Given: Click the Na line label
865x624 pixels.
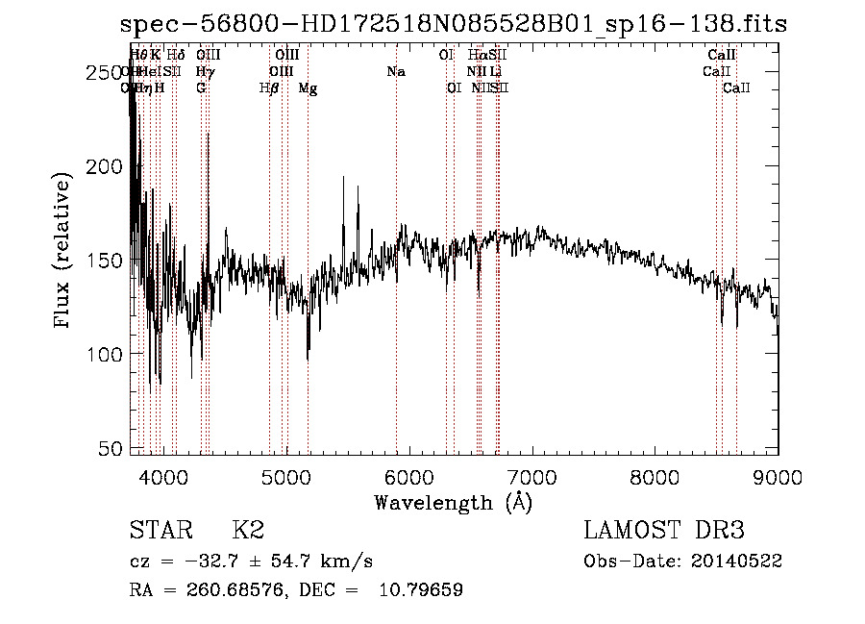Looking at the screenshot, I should (395, 71).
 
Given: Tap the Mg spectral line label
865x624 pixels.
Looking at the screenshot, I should (308, 88).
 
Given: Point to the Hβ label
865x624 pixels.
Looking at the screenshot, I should (269, 88).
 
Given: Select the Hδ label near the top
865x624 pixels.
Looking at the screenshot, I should (176, 55).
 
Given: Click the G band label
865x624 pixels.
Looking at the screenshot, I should (201, 87).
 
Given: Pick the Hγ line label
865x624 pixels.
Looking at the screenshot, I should (205, 71).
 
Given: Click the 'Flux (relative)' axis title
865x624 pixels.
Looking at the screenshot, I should (63, 252).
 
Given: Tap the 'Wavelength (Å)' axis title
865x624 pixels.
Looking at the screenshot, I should (453, 501).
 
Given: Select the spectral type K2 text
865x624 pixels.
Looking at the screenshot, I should (248, 530).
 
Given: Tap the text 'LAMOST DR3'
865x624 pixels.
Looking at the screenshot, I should (664, 530).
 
